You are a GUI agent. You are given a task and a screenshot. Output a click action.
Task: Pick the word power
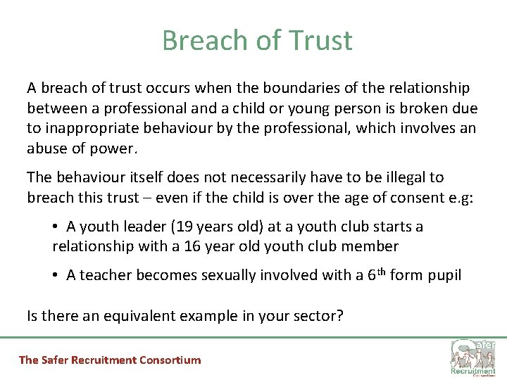click(118, 148)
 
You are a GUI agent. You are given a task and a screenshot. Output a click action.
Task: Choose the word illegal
click(395, 177)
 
